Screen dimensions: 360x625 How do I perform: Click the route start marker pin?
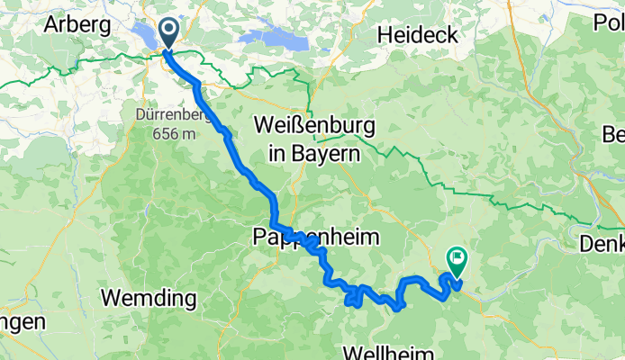click(168, 33)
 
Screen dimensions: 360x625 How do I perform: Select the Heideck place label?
click(417, 35)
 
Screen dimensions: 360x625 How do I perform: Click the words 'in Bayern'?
click(313, 153)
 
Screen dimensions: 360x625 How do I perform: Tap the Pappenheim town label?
click(313, 238)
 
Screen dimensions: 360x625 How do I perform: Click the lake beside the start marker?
click(149, 34)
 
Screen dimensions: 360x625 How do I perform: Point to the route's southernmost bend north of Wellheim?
click(397, 307)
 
